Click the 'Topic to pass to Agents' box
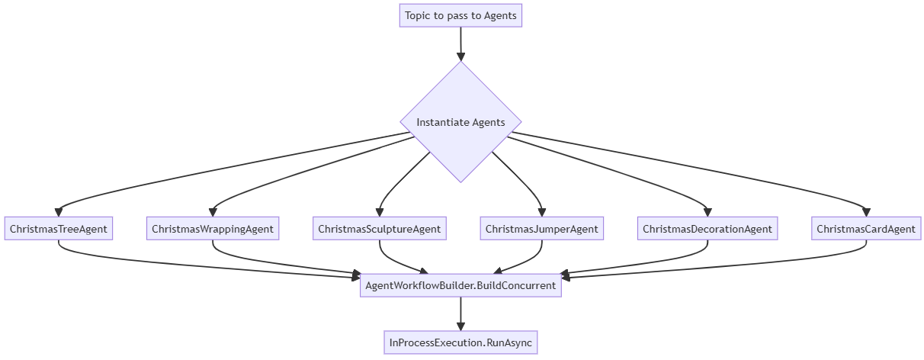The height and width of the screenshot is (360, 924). pyautogui.click(x=460, y=15)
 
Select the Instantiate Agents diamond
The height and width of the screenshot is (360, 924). pyautogui.click(x=460, y=122)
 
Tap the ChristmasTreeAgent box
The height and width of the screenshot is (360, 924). pyautogui.click(x=59, y=229)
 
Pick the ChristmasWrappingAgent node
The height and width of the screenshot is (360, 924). pyautogui.click(x=213, y=229)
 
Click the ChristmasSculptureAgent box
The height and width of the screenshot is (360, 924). pyautogui.click(x=379, y=229)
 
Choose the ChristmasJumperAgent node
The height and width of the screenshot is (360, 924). pyautogui.click(x=542, y=229)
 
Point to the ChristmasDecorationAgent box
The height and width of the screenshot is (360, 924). pyautogui.click(x=707, y=229)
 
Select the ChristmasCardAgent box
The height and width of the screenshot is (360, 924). pyautogui.click(x=866, y=229)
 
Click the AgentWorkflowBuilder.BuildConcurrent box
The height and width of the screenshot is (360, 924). pyautogui.click(x=460, y=285)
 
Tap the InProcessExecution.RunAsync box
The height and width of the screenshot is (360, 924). pyautogui.click(x=460, y=343)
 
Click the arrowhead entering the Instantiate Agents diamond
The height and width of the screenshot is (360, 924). pyautogui.click(x=460, y=56)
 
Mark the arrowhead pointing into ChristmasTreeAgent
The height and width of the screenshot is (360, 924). pyautogui.click(x=59, y=212)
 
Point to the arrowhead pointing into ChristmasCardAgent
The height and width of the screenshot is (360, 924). pyautogui.click(x=866, y=212)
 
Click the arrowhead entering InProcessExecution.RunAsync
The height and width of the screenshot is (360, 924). pyautogui.click(x=460, y=326)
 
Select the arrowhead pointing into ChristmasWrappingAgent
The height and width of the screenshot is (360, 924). pyautogui.click(x=213, y=212)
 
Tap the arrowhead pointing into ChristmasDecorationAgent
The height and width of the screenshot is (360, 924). pyautogui.click(x=707, y=212)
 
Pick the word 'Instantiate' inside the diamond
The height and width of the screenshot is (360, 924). pyautogui.click(x=441, y=122)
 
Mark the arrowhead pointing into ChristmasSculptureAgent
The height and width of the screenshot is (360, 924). pyautogui.click(x=379, y=212)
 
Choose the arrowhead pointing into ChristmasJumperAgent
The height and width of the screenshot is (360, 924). pyautogui.click(x=542, y=212)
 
